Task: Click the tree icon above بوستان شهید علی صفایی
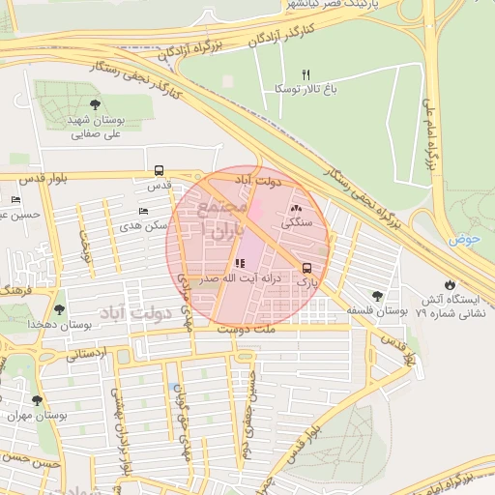pyautogui.click(x=94, y=105)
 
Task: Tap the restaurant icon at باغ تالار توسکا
pyautogui.click(x=306, y=74)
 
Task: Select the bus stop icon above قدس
pyautogui.click(x=158, y=171)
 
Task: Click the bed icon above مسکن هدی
pyautogui.click(x=144, y=213)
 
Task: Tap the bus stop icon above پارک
pyautogui.click(x=307, y=268)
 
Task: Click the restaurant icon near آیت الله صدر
pyautogui.click(x=239, y=264)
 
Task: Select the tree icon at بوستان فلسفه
pyautogui.click(x=377, y=296)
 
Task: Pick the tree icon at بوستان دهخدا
pyautogui.click(x=60, y=310)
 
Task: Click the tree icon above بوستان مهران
pyautogui.click(x=37, y=400)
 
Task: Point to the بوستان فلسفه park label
pyautogui.click(x=377, y=311)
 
